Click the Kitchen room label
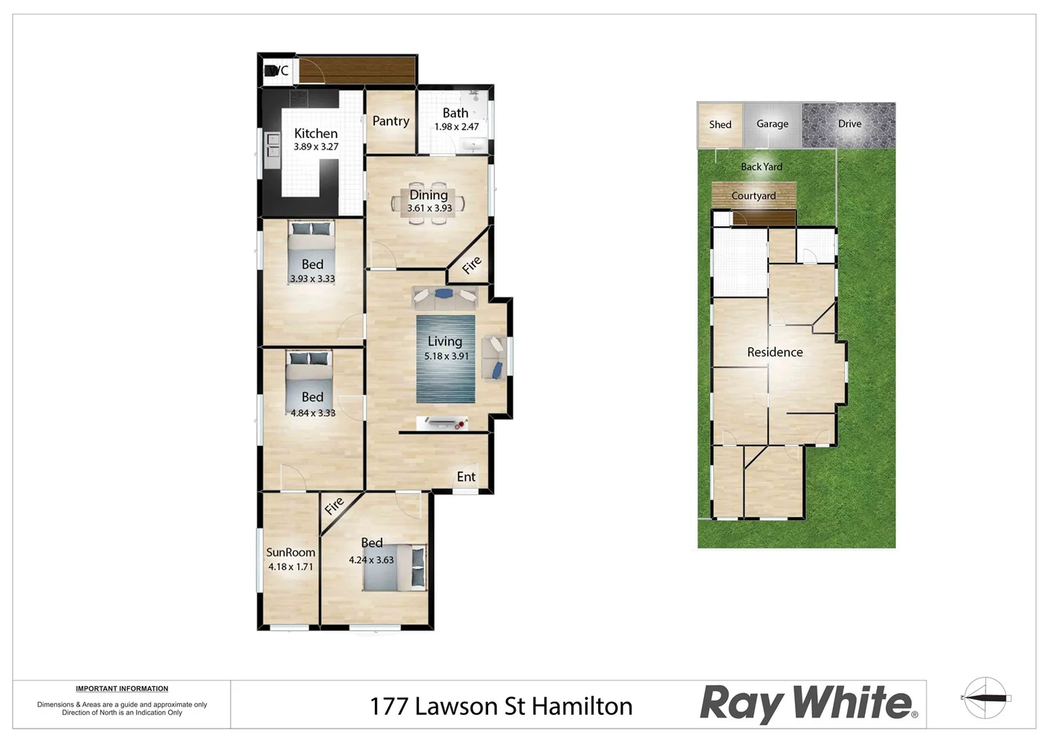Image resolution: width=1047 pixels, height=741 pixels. [x=316, y=134]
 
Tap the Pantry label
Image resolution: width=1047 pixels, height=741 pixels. [x=391, y=121]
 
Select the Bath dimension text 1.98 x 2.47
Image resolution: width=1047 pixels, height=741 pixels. [x=457, y=127]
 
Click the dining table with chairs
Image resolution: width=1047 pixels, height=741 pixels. [x=428, y=203]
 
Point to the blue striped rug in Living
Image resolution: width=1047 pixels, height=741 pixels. [x=446, y=384]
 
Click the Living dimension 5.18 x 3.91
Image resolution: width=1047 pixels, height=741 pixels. [x=446, y=356]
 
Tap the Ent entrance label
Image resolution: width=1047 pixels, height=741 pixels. [x=466, y=477]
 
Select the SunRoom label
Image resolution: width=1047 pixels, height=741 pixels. [x=290, y=552]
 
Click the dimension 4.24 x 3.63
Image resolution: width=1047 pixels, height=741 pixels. [x=371, y=560]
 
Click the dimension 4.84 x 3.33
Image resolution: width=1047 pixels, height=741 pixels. [x=313, y=413]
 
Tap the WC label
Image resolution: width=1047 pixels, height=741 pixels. [x=277, y=71]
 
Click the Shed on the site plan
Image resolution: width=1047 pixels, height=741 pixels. [x=720, y=125]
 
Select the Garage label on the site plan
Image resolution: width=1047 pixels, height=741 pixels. [x=772, y=124]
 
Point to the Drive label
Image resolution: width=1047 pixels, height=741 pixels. [x=849, y=124]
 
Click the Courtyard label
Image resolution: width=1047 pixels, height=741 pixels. [x=753, y=196]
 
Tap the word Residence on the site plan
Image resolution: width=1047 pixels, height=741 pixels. [x=774, y=352]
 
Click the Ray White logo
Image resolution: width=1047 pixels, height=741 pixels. [x=808, y=704]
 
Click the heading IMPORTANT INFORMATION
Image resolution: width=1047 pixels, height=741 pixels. [x=122, y=689]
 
